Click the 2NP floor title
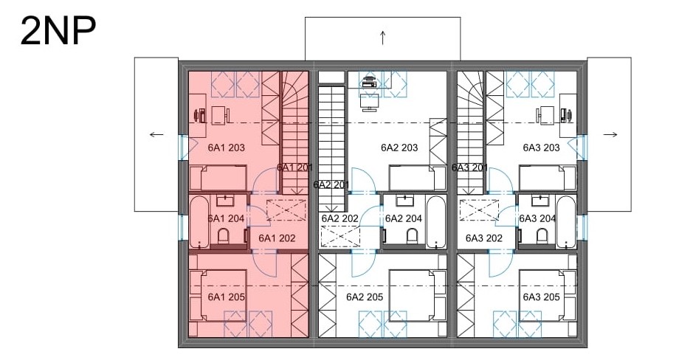coord(58,31)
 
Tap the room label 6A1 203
coord(226,148)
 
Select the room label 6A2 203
coord(399,148)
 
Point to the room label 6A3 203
coord(541,148)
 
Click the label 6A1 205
coord(226,297)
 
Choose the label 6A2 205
coord(365,297)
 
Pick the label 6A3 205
coord(541,297)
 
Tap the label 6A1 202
coord(277,238)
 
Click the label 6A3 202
coord(483,238)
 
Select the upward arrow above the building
coord(383,38)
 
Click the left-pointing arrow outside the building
coord(156,134)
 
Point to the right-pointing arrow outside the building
coord(610,134)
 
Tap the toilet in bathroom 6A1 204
coord(223,237)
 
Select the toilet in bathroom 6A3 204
coord(542,237)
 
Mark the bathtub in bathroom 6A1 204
coord(199,222)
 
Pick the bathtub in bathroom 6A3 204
coord(566,222)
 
